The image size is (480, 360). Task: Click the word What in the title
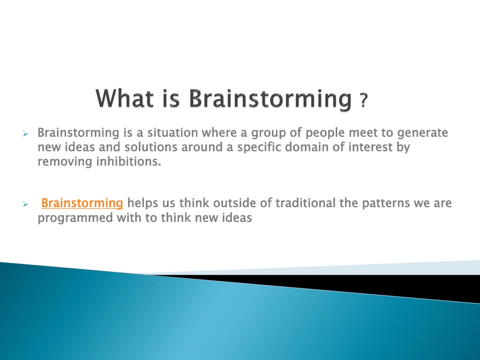coord(125,98)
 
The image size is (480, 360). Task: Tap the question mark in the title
coord(363,100)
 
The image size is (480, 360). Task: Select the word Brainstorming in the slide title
coord(270,99)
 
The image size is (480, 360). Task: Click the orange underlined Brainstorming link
coord(82,203)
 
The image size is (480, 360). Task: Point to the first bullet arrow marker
coord(25,134)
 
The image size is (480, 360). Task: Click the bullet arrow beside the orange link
coord(25,204)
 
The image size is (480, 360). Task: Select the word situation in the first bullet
coord(172,133)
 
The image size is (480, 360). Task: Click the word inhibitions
coord(128,162)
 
